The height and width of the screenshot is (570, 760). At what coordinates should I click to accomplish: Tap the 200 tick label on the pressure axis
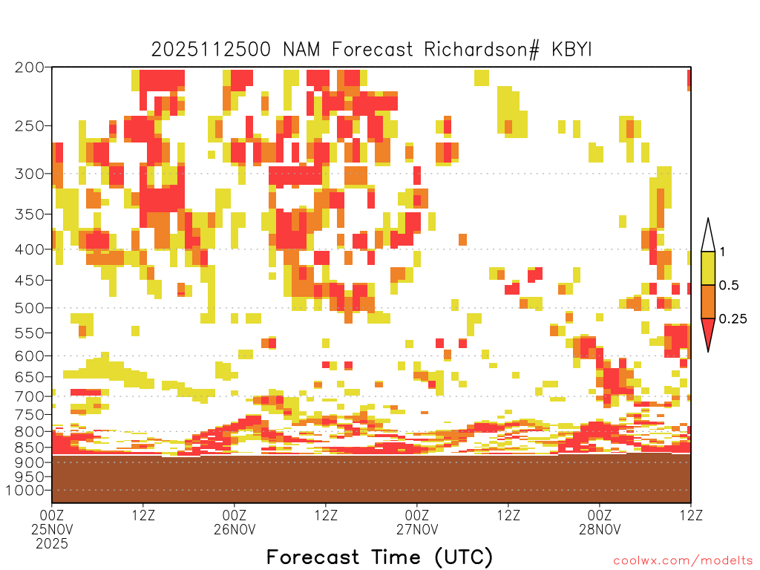click(x=29, y=68)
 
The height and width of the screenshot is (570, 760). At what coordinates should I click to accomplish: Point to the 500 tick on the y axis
click(x=29, y=308)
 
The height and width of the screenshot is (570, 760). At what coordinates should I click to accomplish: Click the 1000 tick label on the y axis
click(x=24, y=490)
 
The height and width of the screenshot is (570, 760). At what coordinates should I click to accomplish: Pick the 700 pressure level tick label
click(x=29, y=396)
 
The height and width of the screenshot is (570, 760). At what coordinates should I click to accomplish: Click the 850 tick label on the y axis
click(x=29, y=448)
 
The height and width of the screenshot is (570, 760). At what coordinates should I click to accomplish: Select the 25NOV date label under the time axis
click(x=52, y=529)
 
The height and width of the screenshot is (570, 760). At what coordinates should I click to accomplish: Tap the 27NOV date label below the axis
click(x=417, y=529)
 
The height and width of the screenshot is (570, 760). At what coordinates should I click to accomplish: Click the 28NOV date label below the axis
click(x=600, y=529)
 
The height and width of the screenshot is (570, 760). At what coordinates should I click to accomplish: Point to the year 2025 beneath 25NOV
click(x=52, y=544)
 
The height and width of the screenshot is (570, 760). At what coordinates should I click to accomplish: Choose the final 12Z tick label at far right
click(x=691, y=515)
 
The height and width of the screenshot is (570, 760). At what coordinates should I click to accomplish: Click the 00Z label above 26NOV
click(x=234, y=515)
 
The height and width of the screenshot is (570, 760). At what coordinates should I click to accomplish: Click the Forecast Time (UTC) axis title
click(x=379, y=557)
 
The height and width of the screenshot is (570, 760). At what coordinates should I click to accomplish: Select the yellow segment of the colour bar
click(x=708, y=268)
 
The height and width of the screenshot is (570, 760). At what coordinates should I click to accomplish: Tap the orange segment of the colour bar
click(x=708, y=301)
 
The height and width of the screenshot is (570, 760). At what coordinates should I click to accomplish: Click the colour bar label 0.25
click(x=733, y=318)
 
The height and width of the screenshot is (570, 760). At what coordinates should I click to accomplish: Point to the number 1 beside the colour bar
click(x=722, y=252)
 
